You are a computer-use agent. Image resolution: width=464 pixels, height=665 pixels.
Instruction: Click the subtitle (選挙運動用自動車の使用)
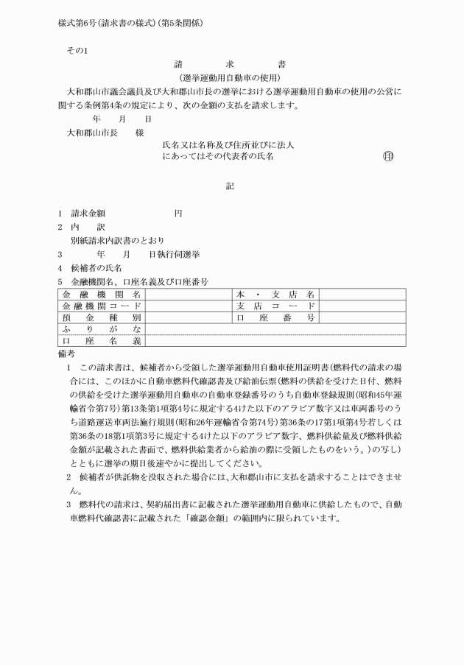tap(232, 77)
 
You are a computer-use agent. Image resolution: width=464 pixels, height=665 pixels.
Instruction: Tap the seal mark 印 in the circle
tap(388, 157)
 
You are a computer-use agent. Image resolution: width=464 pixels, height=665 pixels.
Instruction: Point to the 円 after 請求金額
tap(178, 214)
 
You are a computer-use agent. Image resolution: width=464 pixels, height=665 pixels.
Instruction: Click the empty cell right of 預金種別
tap(188, 317)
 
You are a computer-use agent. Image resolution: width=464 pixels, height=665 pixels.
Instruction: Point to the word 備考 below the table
tap(67, 353)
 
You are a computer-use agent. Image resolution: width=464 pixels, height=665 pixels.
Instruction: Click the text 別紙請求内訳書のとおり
tap(118, 240)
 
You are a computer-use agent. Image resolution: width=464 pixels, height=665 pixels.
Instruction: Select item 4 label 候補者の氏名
tap(96, 267)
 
